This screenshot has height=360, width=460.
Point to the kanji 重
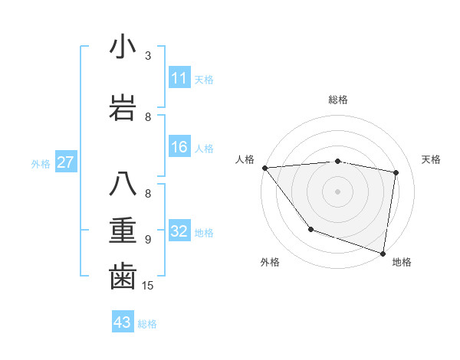coord(123,231)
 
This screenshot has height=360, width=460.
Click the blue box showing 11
coord(179,78)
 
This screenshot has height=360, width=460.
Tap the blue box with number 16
coord(179,147)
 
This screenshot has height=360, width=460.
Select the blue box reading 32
coord(179,231)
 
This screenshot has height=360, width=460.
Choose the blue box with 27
coord(66,162)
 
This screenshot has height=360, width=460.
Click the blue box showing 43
coord(123,322)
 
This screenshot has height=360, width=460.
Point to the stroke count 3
coord(148,55)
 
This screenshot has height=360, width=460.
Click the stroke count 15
coord(149,286)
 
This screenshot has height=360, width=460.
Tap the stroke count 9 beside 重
coord(148,239)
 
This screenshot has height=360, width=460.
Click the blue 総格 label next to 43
coord(147,324)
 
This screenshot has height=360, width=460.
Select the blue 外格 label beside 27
coord(41,163)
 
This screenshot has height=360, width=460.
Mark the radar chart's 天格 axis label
coord(431,159)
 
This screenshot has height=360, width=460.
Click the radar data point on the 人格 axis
coord(264,168)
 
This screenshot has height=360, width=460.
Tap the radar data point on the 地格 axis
coord(383,253)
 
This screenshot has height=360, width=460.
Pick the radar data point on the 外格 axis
coord(310,228)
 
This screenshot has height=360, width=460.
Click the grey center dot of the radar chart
coord(338,191)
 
